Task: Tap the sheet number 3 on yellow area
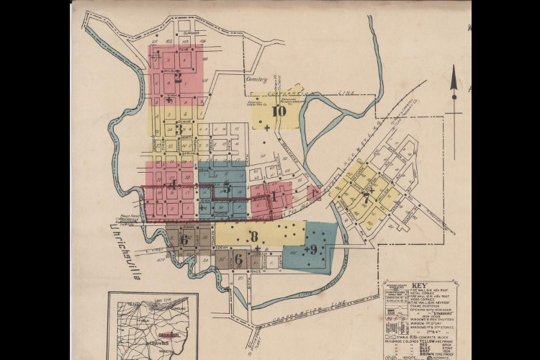pos(178,130)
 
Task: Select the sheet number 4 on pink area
pos(173,184)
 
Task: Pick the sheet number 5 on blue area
pos(227,189)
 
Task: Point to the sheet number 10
pos(279,111)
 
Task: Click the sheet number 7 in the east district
pos(366,198)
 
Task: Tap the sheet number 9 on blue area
pos(312,249)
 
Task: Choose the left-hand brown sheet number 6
pos(184,239)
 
